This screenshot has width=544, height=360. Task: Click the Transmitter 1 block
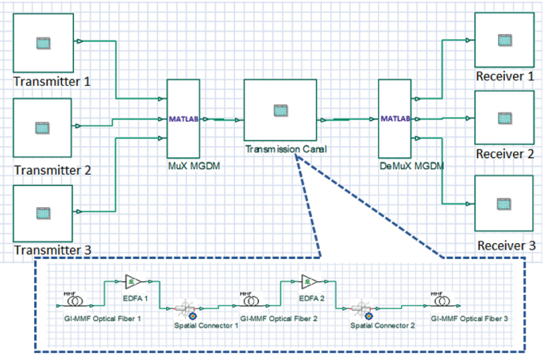(44, 42)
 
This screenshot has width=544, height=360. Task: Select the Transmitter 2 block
(44, 127)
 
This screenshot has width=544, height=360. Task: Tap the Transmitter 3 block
(44, 212)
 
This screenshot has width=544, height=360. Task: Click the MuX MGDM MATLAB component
(183, 119)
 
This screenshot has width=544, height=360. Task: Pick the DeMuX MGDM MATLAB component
(395, 119)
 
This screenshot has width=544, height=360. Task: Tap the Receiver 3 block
(503, 204)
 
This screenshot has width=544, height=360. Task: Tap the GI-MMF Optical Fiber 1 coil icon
(70, 302)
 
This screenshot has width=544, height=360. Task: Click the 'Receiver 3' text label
(506, 246)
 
